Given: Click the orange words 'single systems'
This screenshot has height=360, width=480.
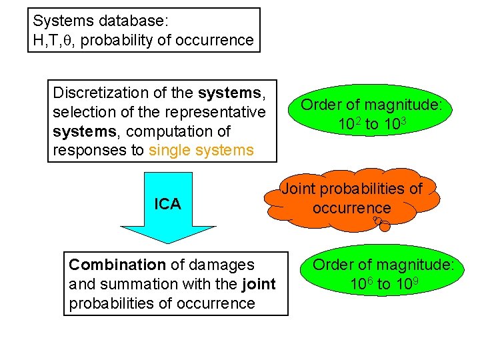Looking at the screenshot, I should click(x=201, y=150).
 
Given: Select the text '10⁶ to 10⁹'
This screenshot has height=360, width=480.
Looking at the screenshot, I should click(x=383, y=283).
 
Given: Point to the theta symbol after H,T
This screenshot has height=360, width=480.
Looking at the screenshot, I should click(x=67, y=41).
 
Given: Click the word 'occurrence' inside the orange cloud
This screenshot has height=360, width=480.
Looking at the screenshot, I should click(x=351, y=207).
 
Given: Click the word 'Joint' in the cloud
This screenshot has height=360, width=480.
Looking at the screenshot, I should click(x=300, y=189).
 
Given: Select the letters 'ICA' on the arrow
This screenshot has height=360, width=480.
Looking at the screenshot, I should click(x=167, y=204).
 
